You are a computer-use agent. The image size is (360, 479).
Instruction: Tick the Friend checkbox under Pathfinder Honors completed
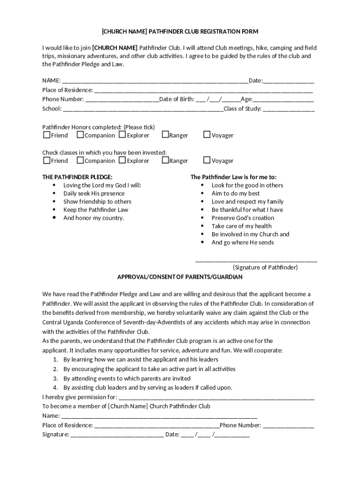pyautogui.click(x=46, y=135)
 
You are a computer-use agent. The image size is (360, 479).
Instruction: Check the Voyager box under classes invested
pyautogui.click(x=207, y=160)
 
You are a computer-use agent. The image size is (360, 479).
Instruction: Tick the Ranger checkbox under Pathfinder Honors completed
pyautogui.click(x=165, y=135)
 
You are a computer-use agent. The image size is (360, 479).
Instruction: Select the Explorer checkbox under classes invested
pyautogui.click(x=122, y=160)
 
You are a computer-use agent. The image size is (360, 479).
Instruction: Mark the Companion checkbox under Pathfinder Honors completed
pyautogui.click(x=80, y=135)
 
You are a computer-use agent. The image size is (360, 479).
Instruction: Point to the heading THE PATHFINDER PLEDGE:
pyautogui.click(x=77, y=177)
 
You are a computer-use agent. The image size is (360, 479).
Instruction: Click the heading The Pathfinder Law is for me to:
pyautogui.click(x=233, y=177)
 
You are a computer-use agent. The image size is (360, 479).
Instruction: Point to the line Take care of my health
pyautogui.click(x=241, y=226)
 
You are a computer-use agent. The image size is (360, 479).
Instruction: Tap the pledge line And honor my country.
pyautogui.click(x=94, y=218)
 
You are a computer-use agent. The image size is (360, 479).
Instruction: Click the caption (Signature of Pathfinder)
pyautogui.click(x=265, y=268)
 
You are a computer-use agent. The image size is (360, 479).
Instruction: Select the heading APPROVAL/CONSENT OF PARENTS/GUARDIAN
pyautogui.click(x=180, y=277)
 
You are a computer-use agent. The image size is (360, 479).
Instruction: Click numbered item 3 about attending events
pyautogui.click(x=127, y=378)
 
